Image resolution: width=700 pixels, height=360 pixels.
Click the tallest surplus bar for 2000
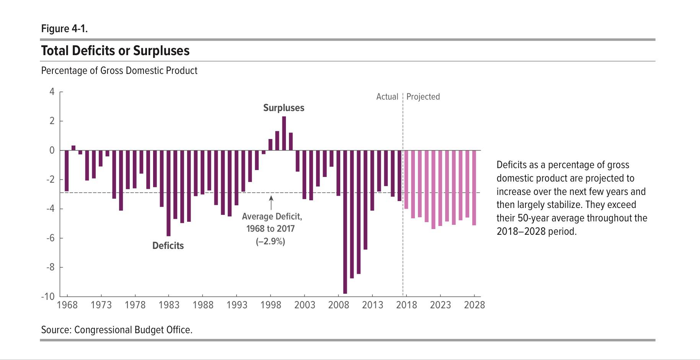(x=284, y=133)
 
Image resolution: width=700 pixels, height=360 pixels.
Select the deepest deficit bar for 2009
(x=345, y=222)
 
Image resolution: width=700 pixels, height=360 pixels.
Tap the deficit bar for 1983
(x=168, y=193)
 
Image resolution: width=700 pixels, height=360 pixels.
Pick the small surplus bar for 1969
(x=73, y=148)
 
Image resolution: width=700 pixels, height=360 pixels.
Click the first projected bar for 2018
(x=406, y=179)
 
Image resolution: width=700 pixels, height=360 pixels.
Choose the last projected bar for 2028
(x=474, y=188)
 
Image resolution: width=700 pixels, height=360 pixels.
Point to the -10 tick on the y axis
(x=48, y=296)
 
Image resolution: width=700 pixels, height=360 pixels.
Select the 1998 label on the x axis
(x=271, y=305)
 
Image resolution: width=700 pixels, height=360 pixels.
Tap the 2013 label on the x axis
(x=372, y=305)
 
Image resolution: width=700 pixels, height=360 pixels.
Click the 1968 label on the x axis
(x=67, y=305)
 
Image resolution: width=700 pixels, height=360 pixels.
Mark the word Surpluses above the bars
(x=284, y=108)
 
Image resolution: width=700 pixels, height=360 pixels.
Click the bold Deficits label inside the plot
(x=168, y=245)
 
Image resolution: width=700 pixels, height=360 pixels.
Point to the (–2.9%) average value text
(x=271, y=241)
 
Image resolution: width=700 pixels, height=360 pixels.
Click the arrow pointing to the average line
(x=271, y=203)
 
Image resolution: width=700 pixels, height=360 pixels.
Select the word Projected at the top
(x=423, y=97)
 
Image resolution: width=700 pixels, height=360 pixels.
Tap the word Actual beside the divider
(x=387, y=97)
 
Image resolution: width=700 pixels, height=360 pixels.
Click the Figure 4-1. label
(x=64, y=29)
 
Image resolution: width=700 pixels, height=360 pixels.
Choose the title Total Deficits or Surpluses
(x=115, y=51)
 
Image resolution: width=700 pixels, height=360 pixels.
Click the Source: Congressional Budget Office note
(x=117, y=330)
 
